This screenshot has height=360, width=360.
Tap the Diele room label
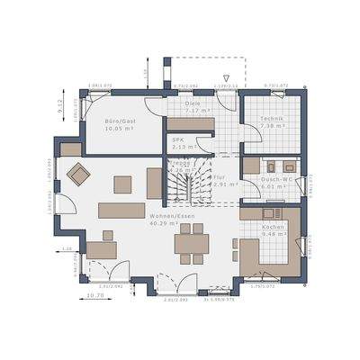point(193,103)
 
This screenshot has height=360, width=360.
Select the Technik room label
point(273,119)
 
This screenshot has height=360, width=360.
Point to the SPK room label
point(178,140)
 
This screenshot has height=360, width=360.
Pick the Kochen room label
point(274,228)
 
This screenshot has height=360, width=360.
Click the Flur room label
point(218,178)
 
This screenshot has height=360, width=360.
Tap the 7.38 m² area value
point(273,127)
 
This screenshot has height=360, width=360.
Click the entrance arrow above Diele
point(230,78)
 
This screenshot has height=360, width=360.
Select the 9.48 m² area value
point(274,236)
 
